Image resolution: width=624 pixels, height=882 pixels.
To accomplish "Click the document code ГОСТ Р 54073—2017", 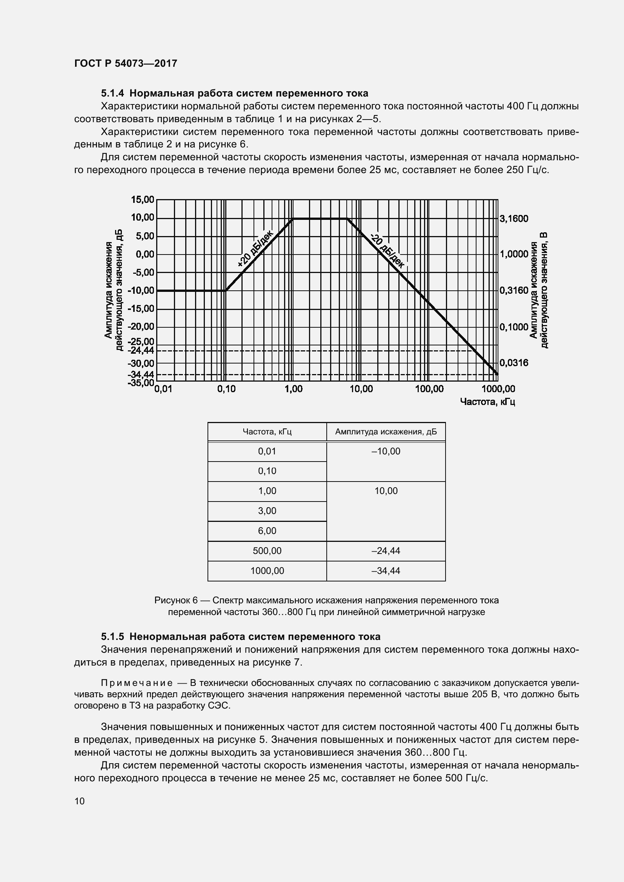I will tap(126, 63).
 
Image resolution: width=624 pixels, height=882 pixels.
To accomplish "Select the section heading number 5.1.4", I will tap(112, 93).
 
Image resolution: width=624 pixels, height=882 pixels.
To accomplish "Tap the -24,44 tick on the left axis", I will tap(141, 350).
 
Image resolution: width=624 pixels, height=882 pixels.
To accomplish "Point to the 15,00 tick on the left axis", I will tap(143, 199).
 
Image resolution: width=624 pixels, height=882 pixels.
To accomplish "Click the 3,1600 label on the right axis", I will tap(514, 219).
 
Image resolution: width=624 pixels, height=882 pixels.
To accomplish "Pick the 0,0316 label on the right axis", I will tap(514, 363).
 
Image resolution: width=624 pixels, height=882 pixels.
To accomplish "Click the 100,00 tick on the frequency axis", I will tap(429, 389).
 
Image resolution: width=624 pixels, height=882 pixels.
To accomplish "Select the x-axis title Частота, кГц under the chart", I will tap(487, 402).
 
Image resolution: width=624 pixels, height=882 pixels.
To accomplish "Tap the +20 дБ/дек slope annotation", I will tap(255, 248).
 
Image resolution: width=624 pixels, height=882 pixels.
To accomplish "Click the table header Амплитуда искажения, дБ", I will tap(386, 432).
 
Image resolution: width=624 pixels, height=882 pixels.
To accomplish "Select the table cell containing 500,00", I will tap(267, 551).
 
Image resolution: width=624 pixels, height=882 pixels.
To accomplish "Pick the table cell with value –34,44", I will tap(386, 571).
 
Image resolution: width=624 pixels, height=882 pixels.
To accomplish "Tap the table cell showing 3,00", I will tap(267, 511).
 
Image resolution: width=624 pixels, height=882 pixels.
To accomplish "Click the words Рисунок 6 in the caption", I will tap(176, 600).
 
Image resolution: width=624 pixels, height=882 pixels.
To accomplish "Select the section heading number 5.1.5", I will tap(112, 637).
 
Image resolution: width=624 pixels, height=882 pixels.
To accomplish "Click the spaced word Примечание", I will tap(137, 683).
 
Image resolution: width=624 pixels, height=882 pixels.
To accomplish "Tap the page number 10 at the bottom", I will tap(80, 801).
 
